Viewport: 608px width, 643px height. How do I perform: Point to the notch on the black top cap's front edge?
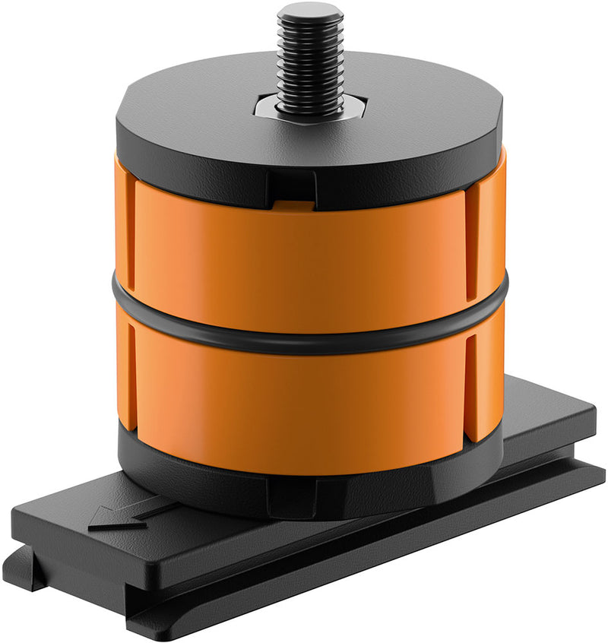(x=292, y=185)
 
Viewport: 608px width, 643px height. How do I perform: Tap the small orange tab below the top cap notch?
(x=292, y=204)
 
